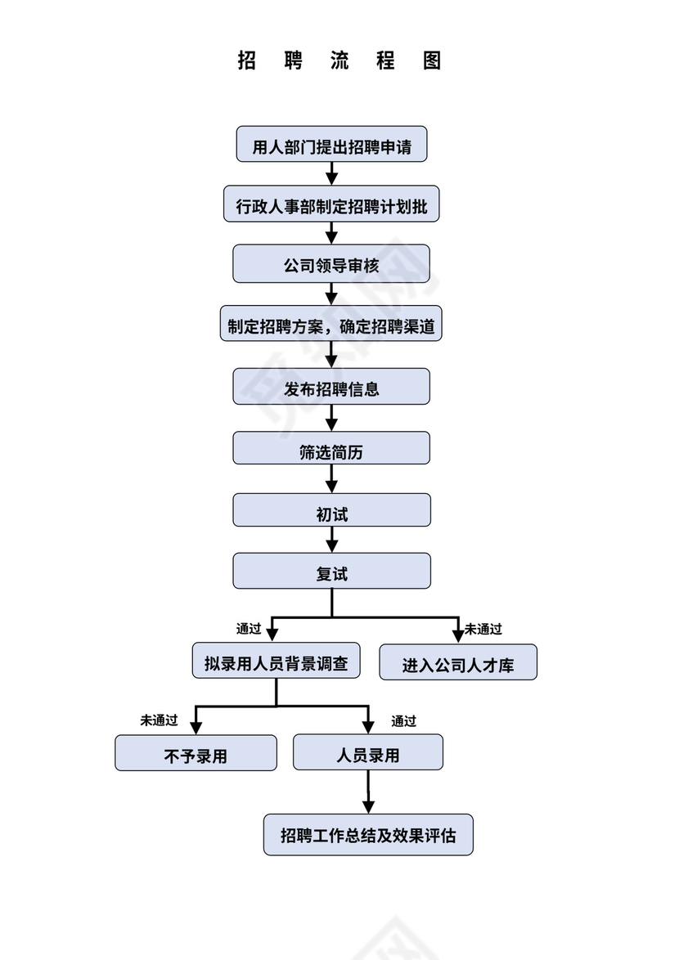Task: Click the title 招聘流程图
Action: pyautogui.click(x=339, y=61)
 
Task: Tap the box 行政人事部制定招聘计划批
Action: pyautogui.click(x=331, y=204)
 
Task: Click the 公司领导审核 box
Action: pyautogui.click(x=331, y=265)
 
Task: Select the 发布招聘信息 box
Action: pyautogui.click(x=331, y=387)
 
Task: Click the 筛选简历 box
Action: pyautogui.click(x=331, y=449)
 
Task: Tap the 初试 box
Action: pyautogui.click(x=331, y=511)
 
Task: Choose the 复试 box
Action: pyautogui.click(x=331, y=572)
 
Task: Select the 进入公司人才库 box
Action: pyautogui.click(x=458, y=663)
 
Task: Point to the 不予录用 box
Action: pyautogui.click(x=196, y=753)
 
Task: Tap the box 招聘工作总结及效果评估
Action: pyautogui.click(x=368, y=835)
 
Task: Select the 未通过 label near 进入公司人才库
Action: pyautogui.click(x=483, y=629)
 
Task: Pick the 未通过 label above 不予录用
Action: pyautogui.click(x=159, y=720)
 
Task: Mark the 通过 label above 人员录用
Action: pyautogui.click(x=403, y=720)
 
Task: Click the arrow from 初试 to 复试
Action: pyautogui.click(x=331, y=540)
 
